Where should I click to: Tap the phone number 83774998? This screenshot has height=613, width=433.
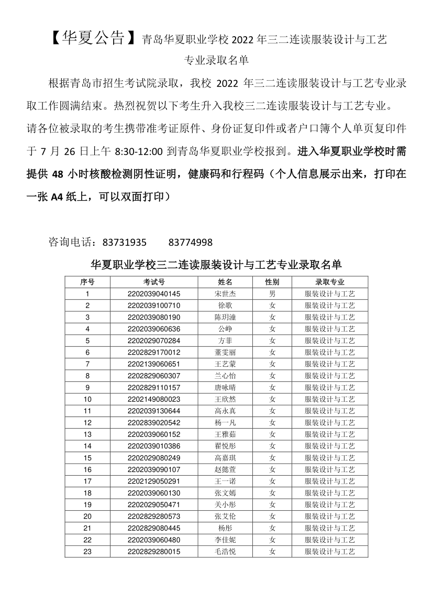click(191, 242)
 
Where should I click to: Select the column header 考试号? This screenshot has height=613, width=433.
click(154, 282)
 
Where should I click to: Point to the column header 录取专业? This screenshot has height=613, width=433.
click(330, 282)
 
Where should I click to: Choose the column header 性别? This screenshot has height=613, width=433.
click(272, 282)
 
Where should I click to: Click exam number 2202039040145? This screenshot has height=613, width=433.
click(154, 293)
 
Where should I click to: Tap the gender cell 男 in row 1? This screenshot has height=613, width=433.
click(272, 293)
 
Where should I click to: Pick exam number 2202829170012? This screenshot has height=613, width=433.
click(154, 352)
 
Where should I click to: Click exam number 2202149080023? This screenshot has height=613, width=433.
click(154, 399)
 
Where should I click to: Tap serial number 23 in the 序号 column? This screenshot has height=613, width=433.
click(87, 551)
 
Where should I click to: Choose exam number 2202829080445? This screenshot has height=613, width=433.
click(154, 528)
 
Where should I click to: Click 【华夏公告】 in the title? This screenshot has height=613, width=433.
click(90, 38)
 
